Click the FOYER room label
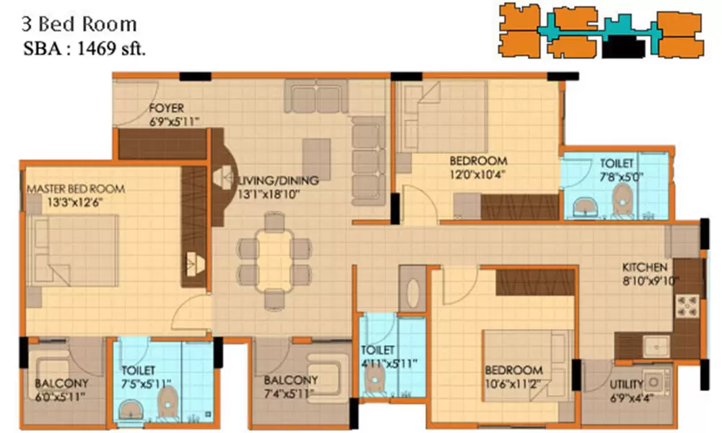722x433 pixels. (x=165, y=109)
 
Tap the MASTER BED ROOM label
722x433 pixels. (x=75, y=189)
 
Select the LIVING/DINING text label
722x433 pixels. (x=270, y=180)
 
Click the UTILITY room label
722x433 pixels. (x=626, y=385)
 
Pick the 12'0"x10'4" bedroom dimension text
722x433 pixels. (x=477, y=174)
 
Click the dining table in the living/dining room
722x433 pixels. (x=274, y=258)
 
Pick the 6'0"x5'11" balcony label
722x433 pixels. (x=61, y=396)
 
